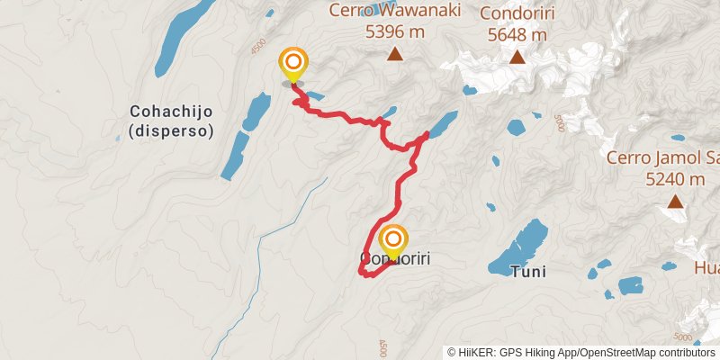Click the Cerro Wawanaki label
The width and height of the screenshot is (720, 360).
tap(394, 12)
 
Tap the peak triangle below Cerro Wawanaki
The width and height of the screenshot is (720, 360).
tap(394, 54)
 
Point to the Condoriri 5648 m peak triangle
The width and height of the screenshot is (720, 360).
tap(517, 58)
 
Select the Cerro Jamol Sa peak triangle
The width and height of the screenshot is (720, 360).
tap(675, 202)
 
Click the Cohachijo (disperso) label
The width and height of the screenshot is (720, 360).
tap(171, 121)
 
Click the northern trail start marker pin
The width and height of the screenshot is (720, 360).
tap(293, 65)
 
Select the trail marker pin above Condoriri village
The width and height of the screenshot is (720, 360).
tap(393, 242)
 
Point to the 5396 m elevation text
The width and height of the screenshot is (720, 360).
tap(394, 32)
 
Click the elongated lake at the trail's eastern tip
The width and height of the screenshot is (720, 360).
tap(442, 124)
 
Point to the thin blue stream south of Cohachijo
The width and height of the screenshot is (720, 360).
tap(261, 243)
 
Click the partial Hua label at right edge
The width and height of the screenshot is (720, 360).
tap(706, 267)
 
